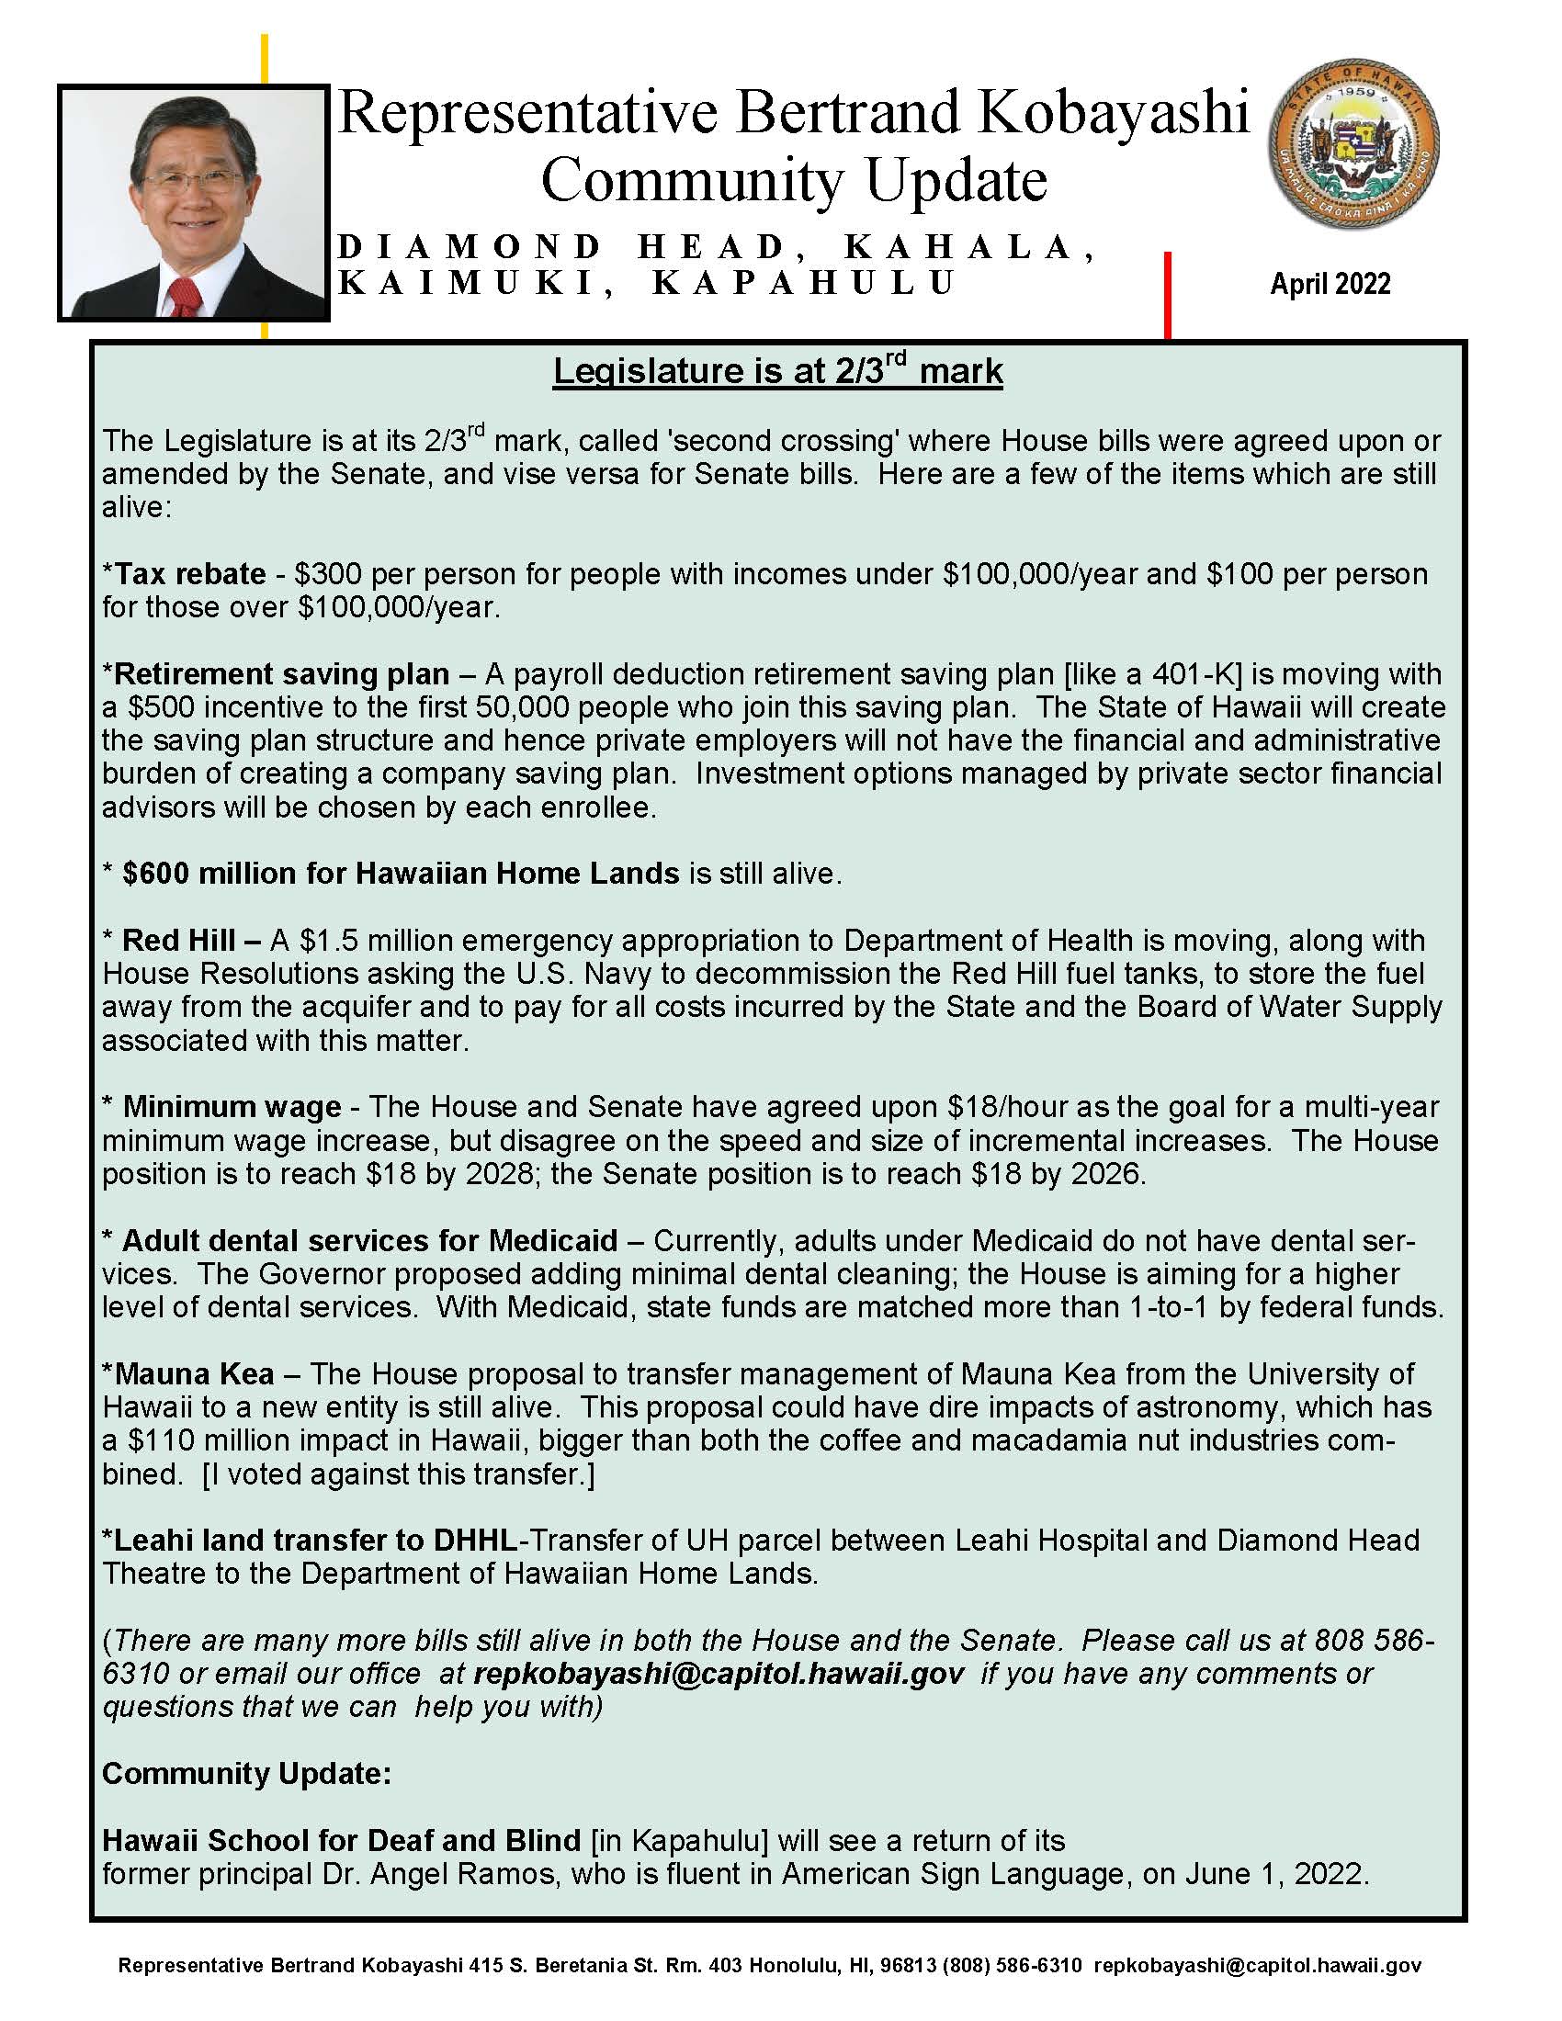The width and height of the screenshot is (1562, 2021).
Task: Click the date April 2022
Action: click(1330, 283)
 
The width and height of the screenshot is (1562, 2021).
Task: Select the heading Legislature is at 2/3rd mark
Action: click(777, 371)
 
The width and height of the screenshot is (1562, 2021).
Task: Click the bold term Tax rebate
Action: click(188, 574)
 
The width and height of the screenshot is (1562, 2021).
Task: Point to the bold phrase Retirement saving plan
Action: click(281, 673)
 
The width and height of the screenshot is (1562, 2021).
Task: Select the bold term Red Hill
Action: click(178, 940)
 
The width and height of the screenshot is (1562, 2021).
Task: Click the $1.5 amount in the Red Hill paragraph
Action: click(330, 940)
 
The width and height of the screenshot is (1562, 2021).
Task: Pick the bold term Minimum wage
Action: click(232, 1107)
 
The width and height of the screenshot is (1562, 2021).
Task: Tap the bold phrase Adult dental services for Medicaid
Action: click(369, 1240)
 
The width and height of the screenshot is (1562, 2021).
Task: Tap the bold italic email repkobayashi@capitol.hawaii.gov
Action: click(719, 1673)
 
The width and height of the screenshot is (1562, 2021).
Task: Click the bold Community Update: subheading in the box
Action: click(246, 1773)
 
